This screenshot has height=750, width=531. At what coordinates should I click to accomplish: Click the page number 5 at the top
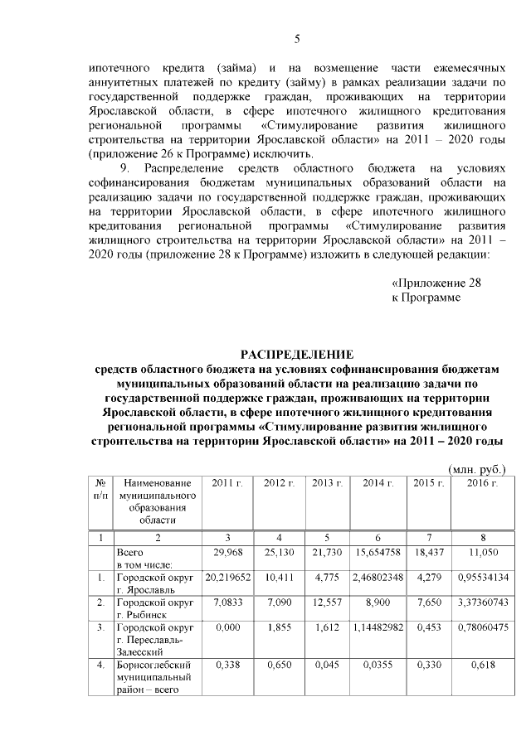click(297, 39)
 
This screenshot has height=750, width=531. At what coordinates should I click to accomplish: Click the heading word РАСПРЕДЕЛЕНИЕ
click(296, 355)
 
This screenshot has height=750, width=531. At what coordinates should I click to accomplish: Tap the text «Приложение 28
click(436, 283)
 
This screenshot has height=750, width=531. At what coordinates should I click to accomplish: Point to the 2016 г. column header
click(481, 483)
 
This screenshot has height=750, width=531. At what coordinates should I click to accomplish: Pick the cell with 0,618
click(481, 665)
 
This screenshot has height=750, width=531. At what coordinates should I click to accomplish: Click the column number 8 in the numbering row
click(481, 536)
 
